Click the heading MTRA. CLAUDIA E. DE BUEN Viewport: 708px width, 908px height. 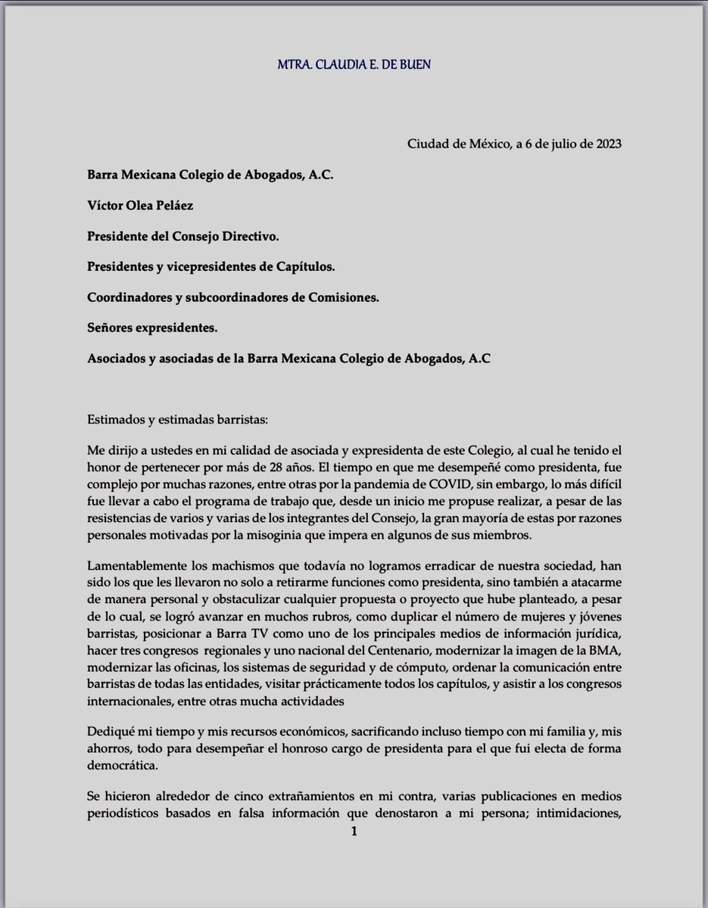354,64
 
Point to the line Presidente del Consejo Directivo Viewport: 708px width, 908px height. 182,236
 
